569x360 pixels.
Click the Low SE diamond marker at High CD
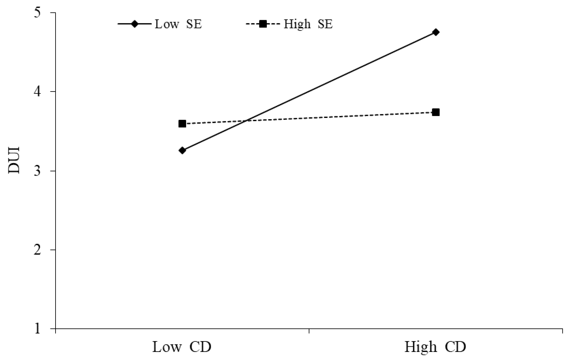pyautogui.click(x=436, y=32)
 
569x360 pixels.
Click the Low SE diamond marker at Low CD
pyautogui.click(x=182, y=151)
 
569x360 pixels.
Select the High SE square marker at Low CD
pyautogui.click(x=182, y=124)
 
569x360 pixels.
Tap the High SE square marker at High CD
pyautogui.click(x=436, y=112)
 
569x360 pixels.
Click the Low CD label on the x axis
pyautogui.click(x=182, y=347)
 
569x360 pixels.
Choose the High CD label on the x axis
pyautogui.click(x=435, y=347)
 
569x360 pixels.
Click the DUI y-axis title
pyautogui.click(x=14, y=160)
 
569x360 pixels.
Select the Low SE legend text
pyautogui.click(x=178, y=24)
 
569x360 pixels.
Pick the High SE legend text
pyautogui.click(x=308, y=24)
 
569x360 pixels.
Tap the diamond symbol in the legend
pyautogui.click(x=134, y=24)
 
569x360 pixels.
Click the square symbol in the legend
pyautogui.click(x=263, y=24)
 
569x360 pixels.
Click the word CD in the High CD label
pyautogui.click(x=455, y=347)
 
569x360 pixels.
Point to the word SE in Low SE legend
pyautogui.click(x=194, y=24)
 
